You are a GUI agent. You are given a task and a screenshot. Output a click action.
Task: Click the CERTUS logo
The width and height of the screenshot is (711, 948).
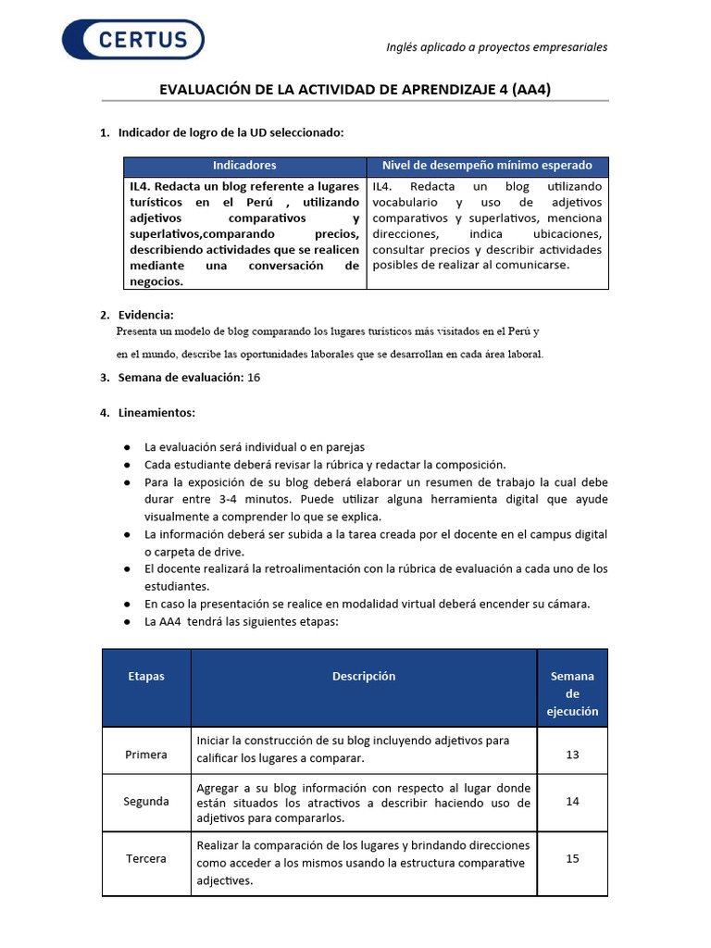point(133,39)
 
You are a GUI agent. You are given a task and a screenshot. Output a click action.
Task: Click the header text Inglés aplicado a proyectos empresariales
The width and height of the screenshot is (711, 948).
point(496,47)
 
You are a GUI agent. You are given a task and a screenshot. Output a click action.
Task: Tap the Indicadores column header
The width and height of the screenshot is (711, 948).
point(244,166)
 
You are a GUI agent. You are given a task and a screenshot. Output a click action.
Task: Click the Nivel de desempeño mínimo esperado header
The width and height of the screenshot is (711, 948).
point(487,166)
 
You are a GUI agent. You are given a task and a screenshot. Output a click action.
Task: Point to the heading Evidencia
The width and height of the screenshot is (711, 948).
point(145,315)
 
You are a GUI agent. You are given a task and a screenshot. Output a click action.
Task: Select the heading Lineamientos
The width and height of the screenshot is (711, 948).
point(156,412)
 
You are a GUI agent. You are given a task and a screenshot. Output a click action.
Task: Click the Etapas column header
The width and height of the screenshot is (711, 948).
point(146,676)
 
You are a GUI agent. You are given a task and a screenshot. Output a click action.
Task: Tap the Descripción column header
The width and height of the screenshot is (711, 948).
point(364,676)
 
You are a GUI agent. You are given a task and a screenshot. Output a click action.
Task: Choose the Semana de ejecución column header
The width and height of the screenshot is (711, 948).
point(572,693)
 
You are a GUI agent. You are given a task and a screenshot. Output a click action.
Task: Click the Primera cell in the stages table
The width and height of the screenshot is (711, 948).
point(146,755)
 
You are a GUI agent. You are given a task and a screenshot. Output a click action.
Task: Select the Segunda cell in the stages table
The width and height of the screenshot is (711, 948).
point(146,801)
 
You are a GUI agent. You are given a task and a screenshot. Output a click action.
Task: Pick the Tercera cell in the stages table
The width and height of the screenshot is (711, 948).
point(146,858)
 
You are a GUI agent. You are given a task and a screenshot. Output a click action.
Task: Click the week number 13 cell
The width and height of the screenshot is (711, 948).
point(572,755)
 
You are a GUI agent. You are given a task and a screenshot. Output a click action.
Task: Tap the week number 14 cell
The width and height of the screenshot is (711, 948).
point(572,801)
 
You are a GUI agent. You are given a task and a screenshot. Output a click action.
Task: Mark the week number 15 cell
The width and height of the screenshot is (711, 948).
point(572,858)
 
